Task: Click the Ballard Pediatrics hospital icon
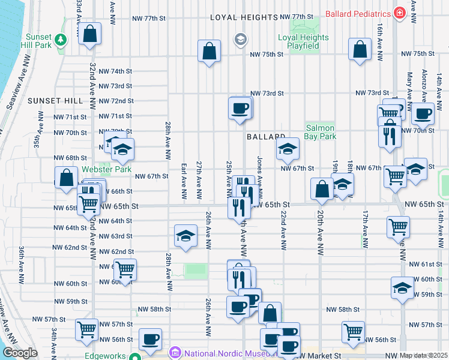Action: pyautogui.click(x=399, y=13)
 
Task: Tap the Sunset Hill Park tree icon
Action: pyautogui.click(x=59, y=40)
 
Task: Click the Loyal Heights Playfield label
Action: pyautogui.click(x=304, y=41)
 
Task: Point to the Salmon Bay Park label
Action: pyautogui.click(x=321, y=132)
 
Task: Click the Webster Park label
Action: pyautogui.click(x=107, y=169)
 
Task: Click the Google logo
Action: pyautogui.click(x=20, y=353)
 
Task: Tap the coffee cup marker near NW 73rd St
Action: pyautogui.click(x=240, y=109)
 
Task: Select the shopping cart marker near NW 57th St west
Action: pyautogui.click(x=86, y=329)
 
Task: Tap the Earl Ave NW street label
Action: pyautogui.click(x=183, y=181)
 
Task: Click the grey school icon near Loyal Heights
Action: pyautogui.click(x=241, y=40)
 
